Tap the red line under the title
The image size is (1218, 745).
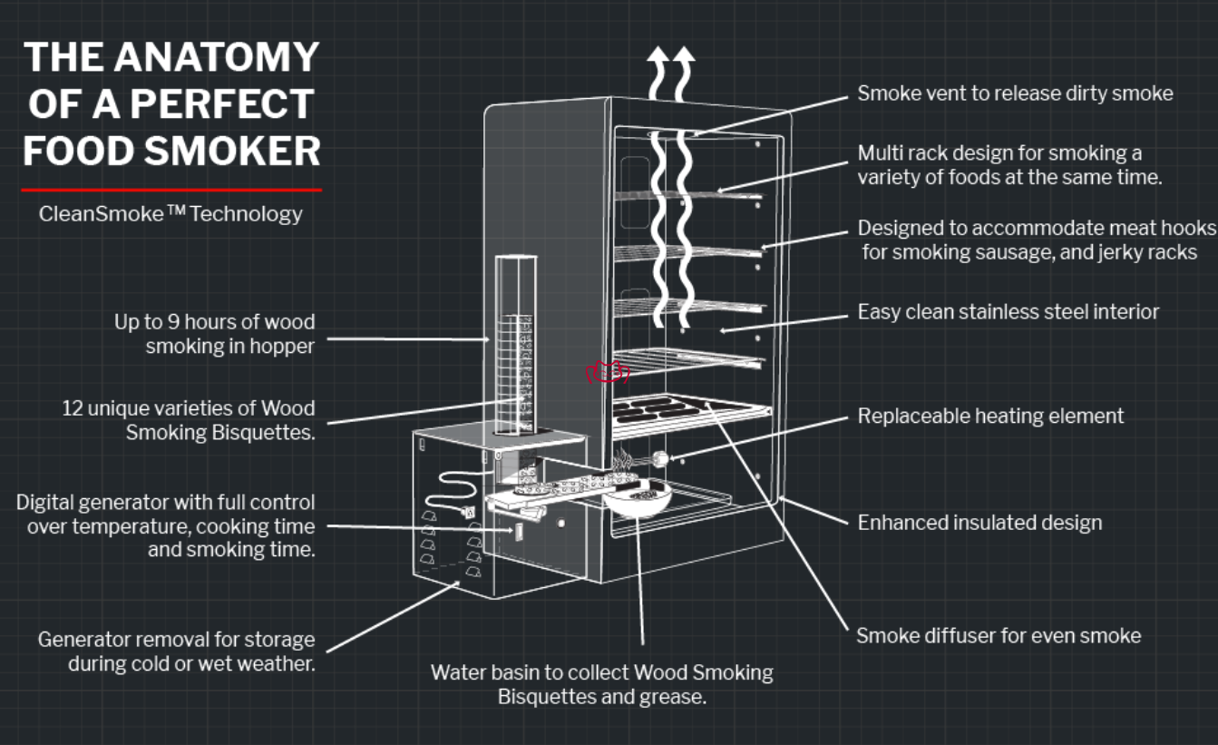pos(171,190)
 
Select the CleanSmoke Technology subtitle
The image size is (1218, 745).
pos(171,215)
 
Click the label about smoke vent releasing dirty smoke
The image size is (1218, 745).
pos(1015,93)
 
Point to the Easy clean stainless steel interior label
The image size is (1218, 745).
pos(1008,312)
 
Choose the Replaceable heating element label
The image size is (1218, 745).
pos(990,417)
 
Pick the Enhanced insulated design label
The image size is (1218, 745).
pos(979,523)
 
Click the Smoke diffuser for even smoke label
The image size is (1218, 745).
pos(999,635)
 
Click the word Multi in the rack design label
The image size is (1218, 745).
pos(878,152)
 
